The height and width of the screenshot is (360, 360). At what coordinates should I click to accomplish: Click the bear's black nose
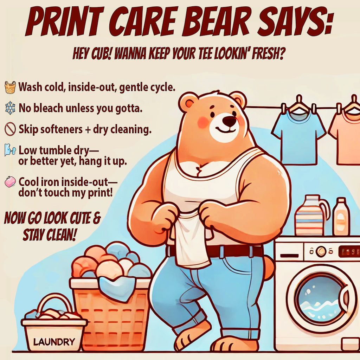(x=230, y=122)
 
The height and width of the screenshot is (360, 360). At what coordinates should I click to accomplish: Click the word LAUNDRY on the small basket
(x=54, y=341)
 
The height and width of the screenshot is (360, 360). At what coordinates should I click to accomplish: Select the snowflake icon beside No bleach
(x=10, y=108)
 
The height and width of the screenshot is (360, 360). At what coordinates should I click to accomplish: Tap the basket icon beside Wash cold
(x=10, y=87)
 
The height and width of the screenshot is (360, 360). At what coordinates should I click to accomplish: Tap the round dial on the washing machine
(x=320, y=251)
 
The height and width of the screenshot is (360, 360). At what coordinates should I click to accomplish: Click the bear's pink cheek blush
(x=203, y=122)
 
